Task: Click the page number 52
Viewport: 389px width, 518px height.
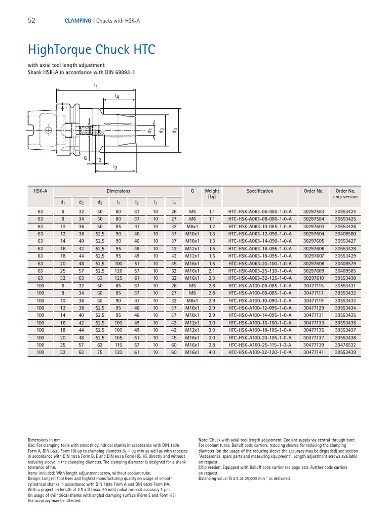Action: coord(31,21)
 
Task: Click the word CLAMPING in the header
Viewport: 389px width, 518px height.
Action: coord(77,21)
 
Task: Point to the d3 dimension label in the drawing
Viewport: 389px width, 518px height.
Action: coord(174,130)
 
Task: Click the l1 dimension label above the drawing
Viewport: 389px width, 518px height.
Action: coord(96,86)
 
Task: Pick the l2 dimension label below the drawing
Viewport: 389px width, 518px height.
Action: coord(115,167)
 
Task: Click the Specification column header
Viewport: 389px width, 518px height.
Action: coord(260,191)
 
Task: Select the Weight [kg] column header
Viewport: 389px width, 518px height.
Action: coord(212,194)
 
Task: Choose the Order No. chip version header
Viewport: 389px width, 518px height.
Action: coord(345,194)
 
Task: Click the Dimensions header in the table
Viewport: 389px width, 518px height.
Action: coord(119,191)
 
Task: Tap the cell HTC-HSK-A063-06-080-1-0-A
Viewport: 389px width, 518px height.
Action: coord(260,211)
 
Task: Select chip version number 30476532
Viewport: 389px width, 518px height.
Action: coord(345,344)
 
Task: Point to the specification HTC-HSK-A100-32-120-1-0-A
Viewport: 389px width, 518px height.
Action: coord(260,352)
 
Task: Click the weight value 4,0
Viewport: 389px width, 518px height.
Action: coord(212,352)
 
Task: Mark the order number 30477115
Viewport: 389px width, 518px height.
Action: coord(313,285)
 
